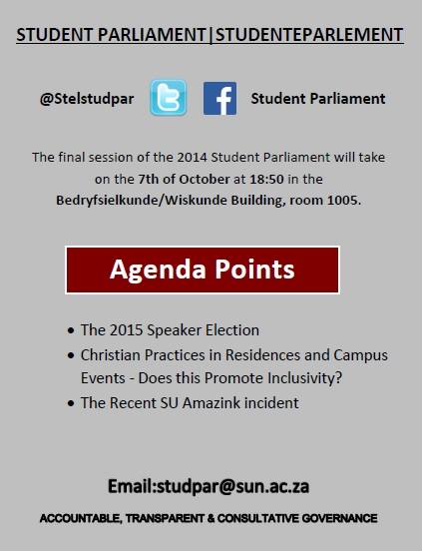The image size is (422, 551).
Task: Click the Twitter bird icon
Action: (x=169, y=98)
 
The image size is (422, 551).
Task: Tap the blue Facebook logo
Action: (x=219, y=99)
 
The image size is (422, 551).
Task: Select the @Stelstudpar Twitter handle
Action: (x=87, y=99)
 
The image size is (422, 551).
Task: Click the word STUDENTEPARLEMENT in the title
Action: (x=309, y=34)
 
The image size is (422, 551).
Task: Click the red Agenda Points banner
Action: (x=203, y=270)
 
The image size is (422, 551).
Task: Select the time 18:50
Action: (x=266, y=179)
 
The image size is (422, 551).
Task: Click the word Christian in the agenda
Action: (x=111, y=355)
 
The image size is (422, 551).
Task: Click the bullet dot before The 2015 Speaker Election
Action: (x=71, y=331)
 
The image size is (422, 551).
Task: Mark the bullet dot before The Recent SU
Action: (x=71, y=403)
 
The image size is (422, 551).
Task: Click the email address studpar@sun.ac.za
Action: (x=233, y=486)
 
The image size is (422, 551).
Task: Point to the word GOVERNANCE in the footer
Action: (x=339, y=518)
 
